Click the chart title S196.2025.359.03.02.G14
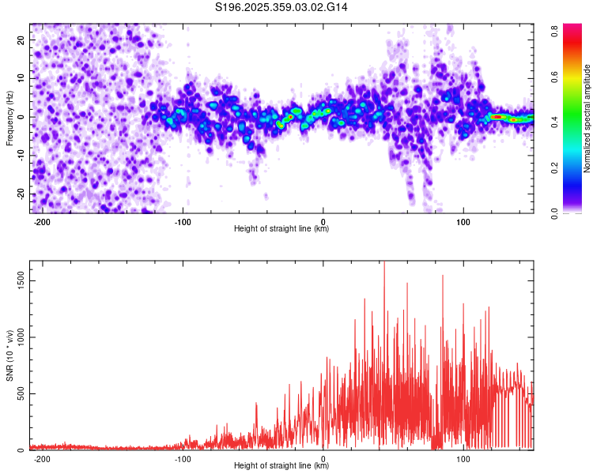[x=281, y=7]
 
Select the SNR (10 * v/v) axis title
[x=9, y=355]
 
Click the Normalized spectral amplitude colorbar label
[x=587, y=118]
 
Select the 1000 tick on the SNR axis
[x=17, y=337]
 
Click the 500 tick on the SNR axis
[x=19, y=394]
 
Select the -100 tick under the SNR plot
[x=183, y=458]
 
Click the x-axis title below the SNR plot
[x=281, y=466]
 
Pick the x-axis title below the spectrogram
[x=281, y=229]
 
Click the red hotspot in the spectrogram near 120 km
[x=497, y=116]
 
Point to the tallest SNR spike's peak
[x=384, y=262]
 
